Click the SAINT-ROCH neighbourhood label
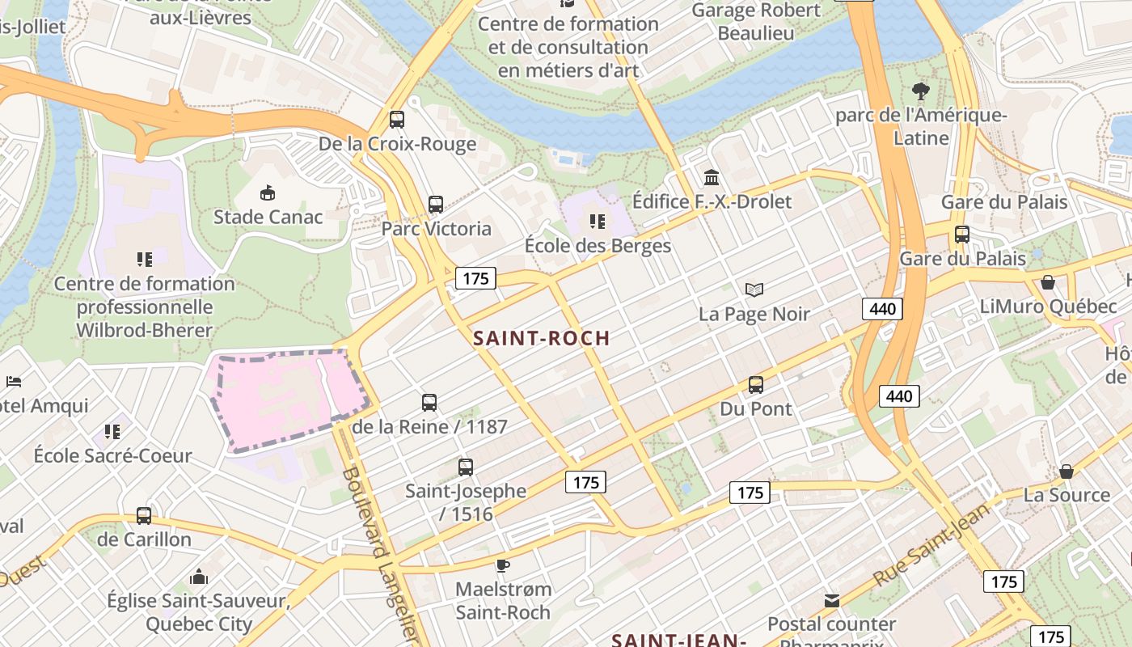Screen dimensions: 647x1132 pos(541,338)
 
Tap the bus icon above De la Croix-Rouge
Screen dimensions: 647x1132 pos(396,120)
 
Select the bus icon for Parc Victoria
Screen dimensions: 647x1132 pos(436,205)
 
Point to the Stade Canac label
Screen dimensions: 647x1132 pos(268,217)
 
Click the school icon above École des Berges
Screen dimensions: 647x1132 pos(598,221)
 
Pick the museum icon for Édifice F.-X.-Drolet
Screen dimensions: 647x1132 pos(712,177)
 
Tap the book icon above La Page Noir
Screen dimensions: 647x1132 pos(754,290)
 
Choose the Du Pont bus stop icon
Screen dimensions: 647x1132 pos(756,385)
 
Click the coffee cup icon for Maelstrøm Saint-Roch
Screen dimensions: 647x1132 pos(503,565)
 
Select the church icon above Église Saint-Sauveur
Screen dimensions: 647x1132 pos(198,577)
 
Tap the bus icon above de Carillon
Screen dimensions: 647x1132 pos(144,515)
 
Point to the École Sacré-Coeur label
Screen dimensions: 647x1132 pos(112,455)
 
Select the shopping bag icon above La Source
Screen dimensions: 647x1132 pos(1067,471)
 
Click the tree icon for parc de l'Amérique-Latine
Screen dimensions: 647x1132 pos(920,91)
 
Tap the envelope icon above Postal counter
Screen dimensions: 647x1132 pos(832,600)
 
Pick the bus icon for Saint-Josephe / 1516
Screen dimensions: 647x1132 pos(465,467)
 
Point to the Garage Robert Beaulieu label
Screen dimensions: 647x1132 pos(756,22)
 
